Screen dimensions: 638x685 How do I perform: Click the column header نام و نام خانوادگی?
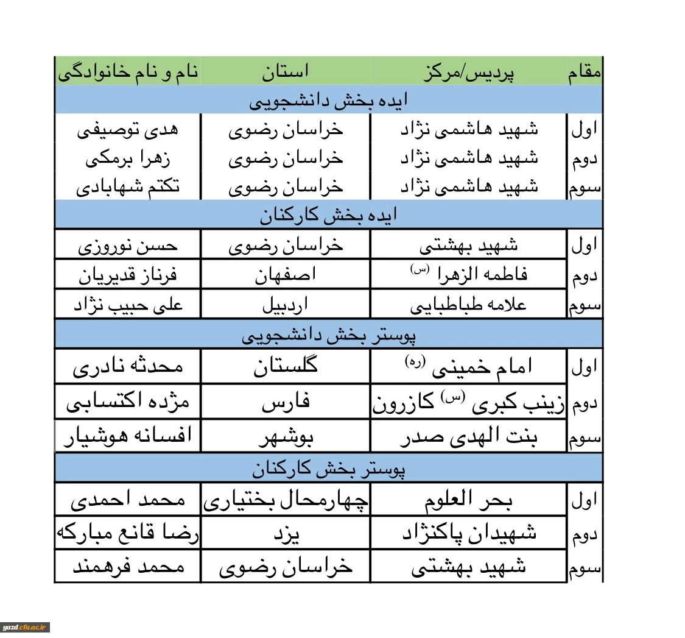click(128, 72)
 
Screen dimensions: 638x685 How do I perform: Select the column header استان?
click(286, 72)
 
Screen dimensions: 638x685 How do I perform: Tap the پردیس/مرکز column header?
click(469, 73)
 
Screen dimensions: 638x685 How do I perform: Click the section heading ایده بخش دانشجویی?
click(329, 101)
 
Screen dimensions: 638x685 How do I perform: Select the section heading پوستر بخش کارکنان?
click(329, 469)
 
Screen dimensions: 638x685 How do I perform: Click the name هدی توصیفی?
click(128, 130)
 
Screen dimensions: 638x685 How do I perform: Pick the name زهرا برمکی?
click(128, 158)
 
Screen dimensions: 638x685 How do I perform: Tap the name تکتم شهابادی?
click(128, 186)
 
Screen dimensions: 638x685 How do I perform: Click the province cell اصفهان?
click(286, 275)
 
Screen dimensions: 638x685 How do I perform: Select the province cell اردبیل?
click(286, 304)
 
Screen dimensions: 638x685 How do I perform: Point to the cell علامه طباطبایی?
click(469, 304)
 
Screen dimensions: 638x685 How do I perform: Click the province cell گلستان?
click(286, 367)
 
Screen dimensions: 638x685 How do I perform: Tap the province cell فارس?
click(286, 402)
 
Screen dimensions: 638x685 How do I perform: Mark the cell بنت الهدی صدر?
click(469, 436)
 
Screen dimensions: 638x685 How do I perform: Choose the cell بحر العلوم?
click(469, 500)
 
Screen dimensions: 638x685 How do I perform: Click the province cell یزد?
click(286, 534)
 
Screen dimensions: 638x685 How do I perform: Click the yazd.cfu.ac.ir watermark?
click(25, 627)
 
